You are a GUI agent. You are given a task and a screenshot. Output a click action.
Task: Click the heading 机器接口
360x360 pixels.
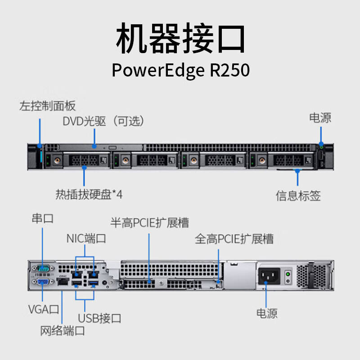[x=180, y=40]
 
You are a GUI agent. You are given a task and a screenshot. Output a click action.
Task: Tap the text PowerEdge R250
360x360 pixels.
[x=180, y=71]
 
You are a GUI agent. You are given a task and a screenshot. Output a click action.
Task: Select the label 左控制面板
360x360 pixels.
[x=47, y=106]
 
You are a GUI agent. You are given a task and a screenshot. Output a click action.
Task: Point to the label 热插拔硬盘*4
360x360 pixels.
[x=89, y=194]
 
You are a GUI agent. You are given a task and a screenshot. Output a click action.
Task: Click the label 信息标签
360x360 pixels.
[x=298, y=196]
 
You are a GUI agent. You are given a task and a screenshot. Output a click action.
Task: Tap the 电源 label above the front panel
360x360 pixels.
[x=320, y=118]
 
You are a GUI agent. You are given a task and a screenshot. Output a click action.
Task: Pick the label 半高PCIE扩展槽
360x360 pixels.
[x=149, y=222]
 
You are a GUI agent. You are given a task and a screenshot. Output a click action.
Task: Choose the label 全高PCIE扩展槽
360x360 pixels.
[x=234, y=238]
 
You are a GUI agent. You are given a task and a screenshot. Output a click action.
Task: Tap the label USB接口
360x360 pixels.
[x=99, y=318]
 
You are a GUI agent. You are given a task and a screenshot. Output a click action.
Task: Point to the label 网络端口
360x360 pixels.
[x=62, y=331]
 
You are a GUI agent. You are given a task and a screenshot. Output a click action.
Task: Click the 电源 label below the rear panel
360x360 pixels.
[x=266, y=313]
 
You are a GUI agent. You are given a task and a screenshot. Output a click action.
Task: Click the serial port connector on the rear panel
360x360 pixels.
[x=43, y=269]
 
